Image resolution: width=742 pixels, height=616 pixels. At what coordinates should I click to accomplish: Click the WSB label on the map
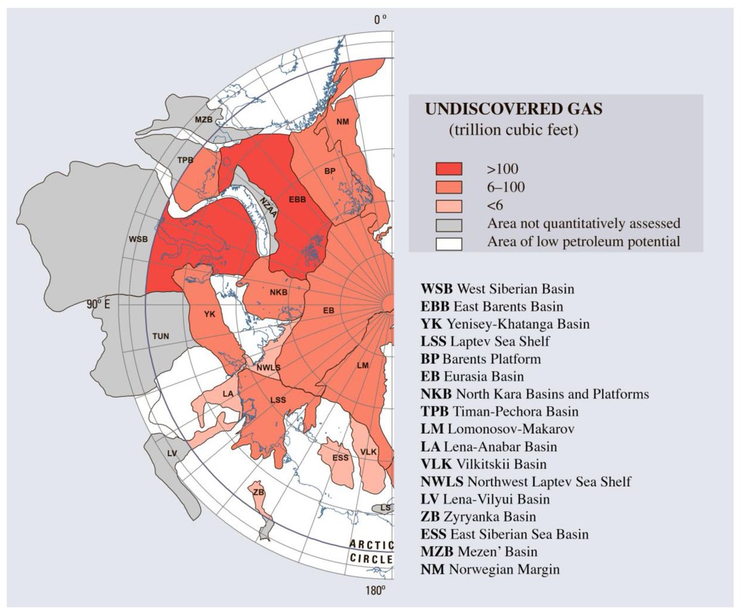click(x=139, y=239)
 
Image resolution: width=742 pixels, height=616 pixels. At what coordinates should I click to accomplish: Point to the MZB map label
click(x=203, y=119)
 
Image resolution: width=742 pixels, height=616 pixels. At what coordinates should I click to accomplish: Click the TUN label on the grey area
click(x=160, y=336)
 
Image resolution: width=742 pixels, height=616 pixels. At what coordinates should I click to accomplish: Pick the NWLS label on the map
click(x=268, y=367)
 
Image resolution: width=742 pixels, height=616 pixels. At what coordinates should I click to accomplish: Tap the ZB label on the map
click(x=258, y=492)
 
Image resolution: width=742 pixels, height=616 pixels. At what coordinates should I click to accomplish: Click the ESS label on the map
click(x=340, y=458)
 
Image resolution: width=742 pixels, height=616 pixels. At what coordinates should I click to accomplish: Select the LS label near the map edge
click(x=385, y=508)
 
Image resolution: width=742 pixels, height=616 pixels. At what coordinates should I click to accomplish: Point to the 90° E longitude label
click(x=101, y=304)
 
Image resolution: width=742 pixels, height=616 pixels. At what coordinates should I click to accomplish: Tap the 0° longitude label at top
click(x=380, y=20)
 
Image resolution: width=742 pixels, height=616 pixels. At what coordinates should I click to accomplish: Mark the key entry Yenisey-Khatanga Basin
click(x=505, y=323)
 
